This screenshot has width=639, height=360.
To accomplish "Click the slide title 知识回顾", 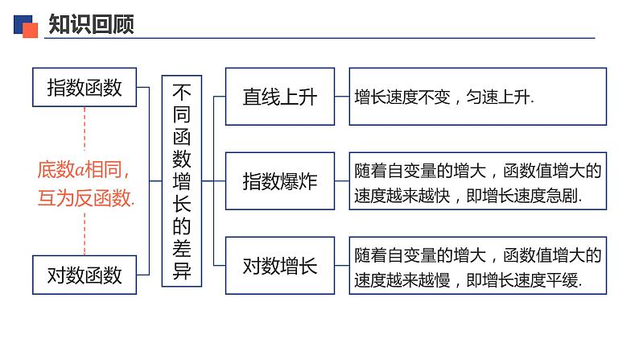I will (90, 25).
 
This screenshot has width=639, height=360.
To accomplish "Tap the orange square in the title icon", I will (31, 30).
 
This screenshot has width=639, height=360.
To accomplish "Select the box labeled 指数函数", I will (85, 87).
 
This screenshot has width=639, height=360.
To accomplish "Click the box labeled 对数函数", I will (85, 275).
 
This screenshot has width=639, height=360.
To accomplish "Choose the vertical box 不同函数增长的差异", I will (182, 180).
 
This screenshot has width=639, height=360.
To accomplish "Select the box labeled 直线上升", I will (280, 97).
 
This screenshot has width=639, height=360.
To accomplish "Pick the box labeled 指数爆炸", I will (280, 180).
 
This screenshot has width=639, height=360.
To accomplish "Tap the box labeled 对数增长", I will (280, 265).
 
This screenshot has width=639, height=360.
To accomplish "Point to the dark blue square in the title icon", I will (22, 22).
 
